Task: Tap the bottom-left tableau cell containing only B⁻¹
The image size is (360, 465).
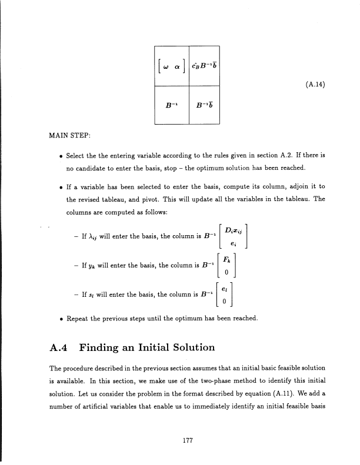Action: (x=172, y=106)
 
